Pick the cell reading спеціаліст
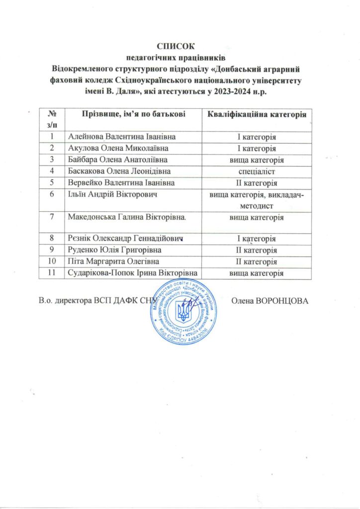click(x=256, y=171)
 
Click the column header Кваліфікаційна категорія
click(x=256, y=115)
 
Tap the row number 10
click(x=51, y=261)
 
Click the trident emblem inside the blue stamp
click(x=183, y=311)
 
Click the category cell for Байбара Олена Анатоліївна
click(x=256, y=160)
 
